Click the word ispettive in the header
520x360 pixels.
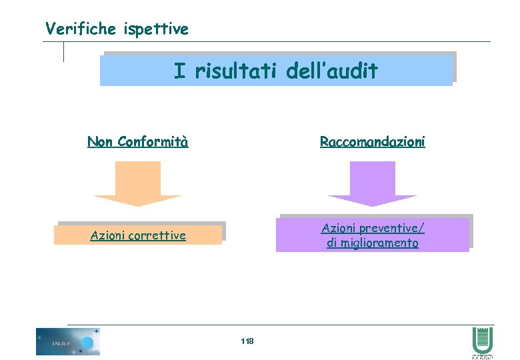[x=156, y=29]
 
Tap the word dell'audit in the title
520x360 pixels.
[x=332, y=71]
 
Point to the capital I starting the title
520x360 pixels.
[x=179, y=71]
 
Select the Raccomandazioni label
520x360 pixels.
[x=372, y=141]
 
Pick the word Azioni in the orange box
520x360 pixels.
[x=107, y=235]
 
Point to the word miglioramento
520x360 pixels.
[x=380, y=243]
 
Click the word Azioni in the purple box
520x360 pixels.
[x=339, y=228]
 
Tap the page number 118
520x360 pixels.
[x=247, y=341]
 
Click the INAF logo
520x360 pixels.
[x=67, y=341]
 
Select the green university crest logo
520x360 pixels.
[x=482, y=341]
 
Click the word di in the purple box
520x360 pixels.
[x=332, y=243]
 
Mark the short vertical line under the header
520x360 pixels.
[x=64, y=52]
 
